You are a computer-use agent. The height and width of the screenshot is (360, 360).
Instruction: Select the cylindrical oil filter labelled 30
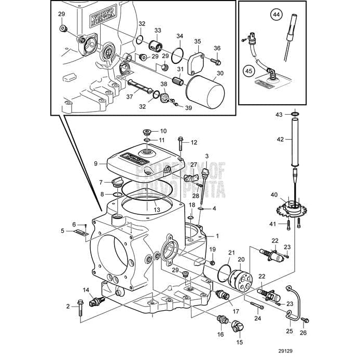pos(205,92)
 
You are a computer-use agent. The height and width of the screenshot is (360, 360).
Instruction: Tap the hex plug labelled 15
pos(238,326)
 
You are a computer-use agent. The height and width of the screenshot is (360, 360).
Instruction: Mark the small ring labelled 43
pos(294,115)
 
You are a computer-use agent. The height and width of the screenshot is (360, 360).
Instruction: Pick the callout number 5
pos(63,230)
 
